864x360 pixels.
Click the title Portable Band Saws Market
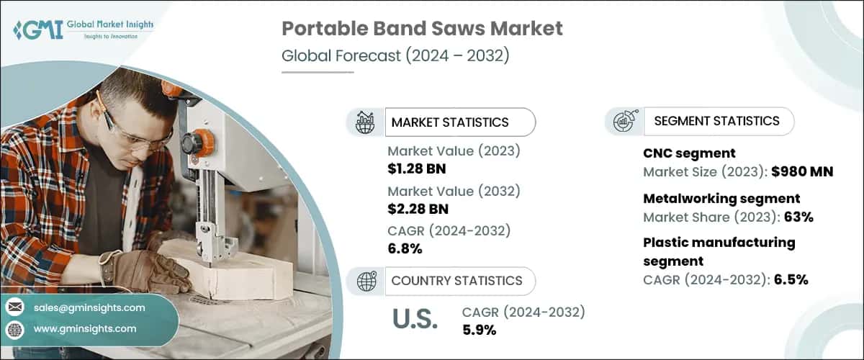click(422, 29)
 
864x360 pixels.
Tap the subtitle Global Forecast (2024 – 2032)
click(395, 55)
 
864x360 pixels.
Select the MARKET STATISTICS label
click(449, 122)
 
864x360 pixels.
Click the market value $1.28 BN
click(417, 169)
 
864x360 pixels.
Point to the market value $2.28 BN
click(417, 210)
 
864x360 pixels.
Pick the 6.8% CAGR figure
click(405, 249)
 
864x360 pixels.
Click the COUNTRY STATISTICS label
click(456, 281)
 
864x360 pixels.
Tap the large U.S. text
click(415, 320)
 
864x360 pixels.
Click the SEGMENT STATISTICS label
click(716, 121)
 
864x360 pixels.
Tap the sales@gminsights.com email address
click(89, 307)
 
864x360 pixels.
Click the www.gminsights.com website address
click(85, 328)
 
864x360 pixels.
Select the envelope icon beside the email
click(16, 308)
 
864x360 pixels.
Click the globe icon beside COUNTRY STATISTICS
click(366, 282)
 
